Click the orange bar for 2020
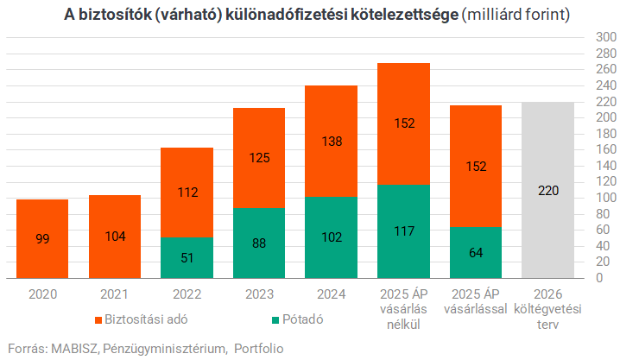tap(42, 239)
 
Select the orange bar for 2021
tap(115, 237)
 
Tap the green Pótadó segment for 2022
tap(187, 258)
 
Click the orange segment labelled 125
tap(259, 158)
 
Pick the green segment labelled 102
tap(332, 237)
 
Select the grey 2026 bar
tap(548, 190)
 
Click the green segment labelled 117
tap(403, 231)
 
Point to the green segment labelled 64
tap(476, 253)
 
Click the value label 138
tap(332, 141)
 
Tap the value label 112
tap(187, 193)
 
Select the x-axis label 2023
tap(259, 294)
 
